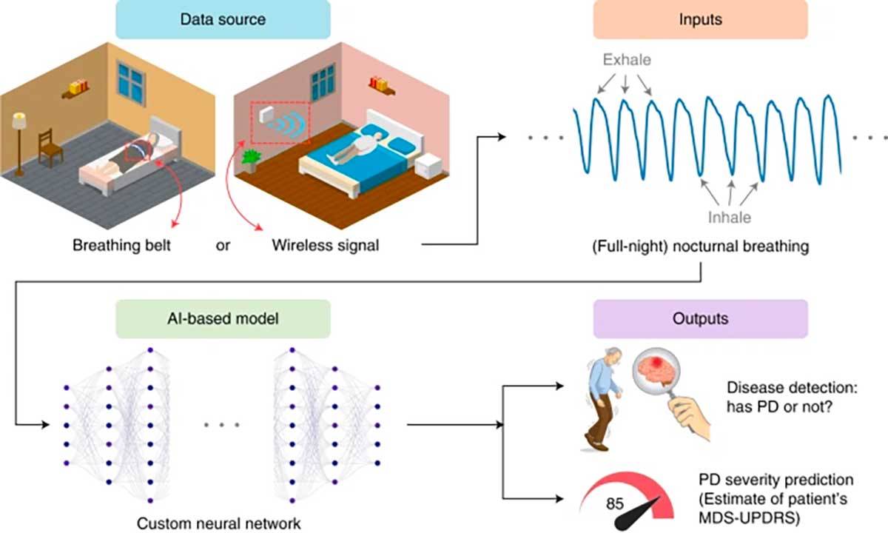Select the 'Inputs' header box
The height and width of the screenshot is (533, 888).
point(699,20)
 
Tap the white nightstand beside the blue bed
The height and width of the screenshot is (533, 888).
point(428,164)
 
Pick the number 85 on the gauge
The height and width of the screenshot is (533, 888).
point(614,505)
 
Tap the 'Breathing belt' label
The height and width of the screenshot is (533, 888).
point(121,246)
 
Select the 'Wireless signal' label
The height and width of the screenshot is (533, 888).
point(325,246)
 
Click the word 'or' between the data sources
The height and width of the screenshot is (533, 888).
point(223,246)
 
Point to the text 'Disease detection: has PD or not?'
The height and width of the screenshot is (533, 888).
point(778,396)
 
